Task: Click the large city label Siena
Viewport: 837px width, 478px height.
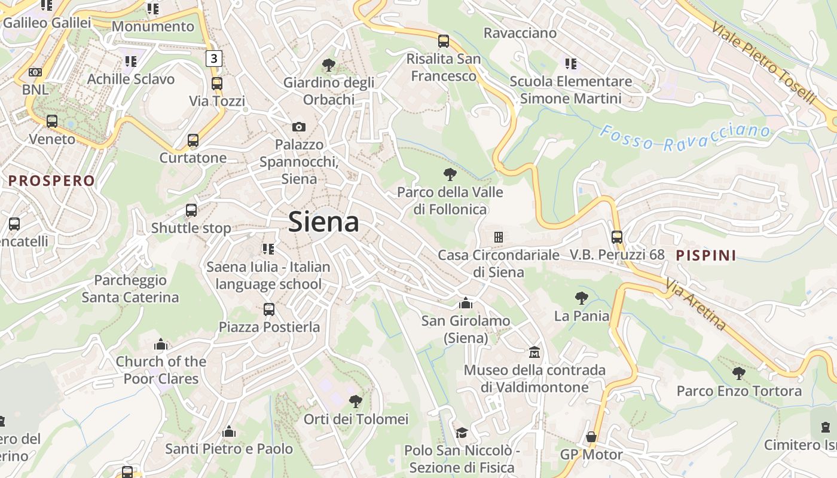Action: coord(323,222)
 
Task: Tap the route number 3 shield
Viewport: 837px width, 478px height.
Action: coord(215,58)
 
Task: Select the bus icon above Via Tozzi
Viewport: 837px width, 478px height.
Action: coord(216,84)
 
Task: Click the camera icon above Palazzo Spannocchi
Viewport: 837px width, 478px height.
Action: coord(299,127)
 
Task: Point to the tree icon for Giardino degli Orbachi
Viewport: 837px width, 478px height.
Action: coord(328,65)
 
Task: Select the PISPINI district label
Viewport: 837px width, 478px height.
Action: coord(705,256)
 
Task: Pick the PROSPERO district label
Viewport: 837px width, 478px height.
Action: coord(51,180)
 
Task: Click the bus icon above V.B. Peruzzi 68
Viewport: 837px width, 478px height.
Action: coord(617,237)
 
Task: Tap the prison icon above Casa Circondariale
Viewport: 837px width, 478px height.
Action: coord(498,237)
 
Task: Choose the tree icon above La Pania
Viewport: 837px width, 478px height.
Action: coord(581,298)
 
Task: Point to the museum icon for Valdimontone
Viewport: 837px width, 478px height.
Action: coord(534,353)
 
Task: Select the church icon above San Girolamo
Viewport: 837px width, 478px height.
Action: coord(466,304)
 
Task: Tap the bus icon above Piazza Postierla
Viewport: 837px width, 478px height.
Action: coord(269,310)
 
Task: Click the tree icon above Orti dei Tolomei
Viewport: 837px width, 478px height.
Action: coord(356,401)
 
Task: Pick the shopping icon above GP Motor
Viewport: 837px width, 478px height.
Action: coord(591,437)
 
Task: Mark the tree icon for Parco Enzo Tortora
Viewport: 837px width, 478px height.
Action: coord(739,373)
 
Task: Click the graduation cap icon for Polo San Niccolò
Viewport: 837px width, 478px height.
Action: coord(462,432)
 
